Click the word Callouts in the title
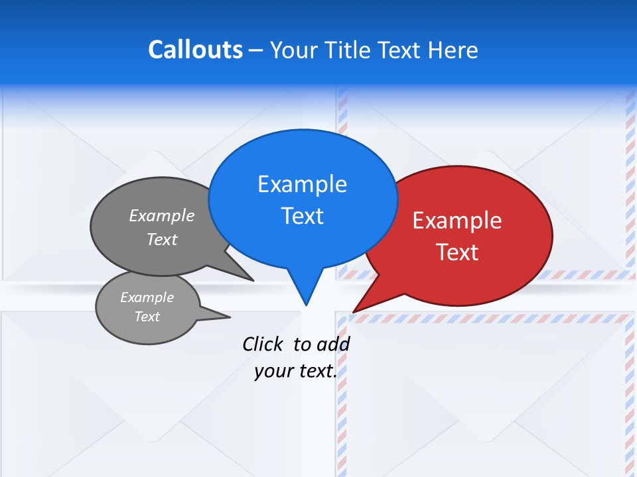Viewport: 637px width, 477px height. tap(196, 50)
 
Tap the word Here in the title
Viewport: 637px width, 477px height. tap(454, 50)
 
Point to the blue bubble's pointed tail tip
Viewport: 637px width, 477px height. tap(306, 305)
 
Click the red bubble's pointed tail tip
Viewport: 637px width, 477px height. tap(354, 311)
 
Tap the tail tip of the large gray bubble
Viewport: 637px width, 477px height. tap(253, 280)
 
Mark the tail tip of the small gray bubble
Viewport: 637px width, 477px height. tap(230, 316)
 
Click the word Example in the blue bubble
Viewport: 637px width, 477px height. tap(302, 184)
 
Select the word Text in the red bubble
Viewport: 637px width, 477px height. tap(457, 252)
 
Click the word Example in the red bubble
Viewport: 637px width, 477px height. tap(457, 221)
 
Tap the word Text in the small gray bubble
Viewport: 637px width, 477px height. tap(147, 317)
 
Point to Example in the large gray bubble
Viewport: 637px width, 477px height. tap(162, 215)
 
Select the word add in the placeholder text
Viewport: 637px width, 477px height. tap(333, 344)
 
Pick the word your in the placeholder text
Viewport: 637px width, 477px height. tap(273, 371)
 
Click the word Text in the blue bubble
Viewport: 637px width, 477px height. tap(302, 216)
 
